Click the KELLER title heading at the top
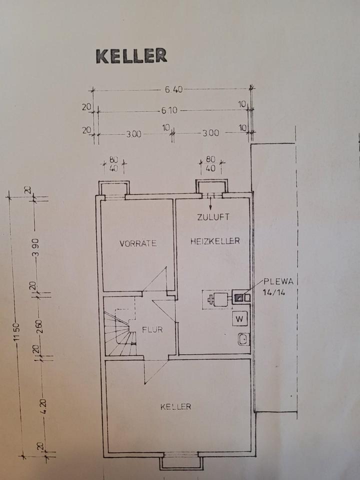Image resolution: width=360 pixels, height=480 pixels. [131, 56]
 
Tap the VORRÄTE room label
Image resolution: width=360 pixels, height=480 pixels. [138, 244]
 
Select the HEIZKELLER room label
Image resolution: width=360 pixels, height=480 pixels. [215, 241]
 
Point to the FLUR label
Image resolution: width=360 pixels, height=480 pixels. [152, 330]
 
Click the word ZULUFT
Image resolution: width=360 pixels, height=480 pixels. [212, 217]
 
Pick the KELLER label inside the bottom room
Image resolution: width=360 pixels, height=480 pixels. [176, 407]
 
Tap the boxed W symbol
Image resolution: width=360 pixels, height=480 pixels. [239, 318]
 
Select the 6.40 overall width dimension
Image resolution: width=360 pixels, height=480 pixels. [174, 90]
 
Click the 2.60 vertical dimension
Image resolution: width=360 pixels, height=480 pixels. [40, 325]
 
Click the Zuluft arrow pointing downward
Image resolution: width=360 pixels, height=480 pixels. [210, 203]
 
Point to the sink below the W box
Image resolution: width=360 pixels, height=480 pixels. [242, 338]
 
